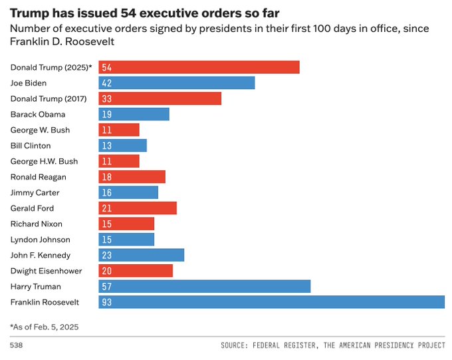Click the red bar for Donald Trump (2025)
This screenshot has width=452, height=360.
click(199, 67)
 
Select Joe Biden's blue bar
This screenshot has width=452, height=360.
click(177, 83)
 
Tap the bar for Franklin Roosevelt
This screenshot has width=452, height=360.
click(271, 302)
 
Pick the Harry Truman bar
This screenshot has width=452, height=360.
click(205, 286)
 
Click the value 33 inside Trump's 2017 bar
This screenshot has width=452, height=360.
click(107, 98)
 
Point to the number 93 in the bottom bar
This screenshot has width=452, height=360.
click(107, 302)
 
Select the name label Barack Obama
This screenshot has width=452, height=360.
click(38, 114)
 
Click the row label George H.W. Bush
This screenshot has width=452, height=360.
click(44, 161)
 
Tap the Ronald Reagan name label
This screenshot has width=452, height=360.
click(39, 177)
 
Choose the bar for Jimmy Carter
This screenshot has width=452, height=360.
click(129, 192)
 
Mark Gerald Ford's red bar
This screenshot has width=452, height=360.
click(138, 208)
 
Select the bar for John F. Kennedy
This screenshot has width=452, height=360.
click(142, 255)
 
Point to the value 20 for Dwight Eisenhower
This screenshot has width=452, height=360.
click(107, 271)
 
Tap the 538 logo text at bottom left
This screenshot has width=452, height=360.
click(16, 346)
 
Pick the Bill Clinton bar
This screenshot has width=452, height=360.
click(123, 145)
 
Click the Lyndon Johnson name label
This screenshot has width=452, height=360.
click(41, 240)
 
